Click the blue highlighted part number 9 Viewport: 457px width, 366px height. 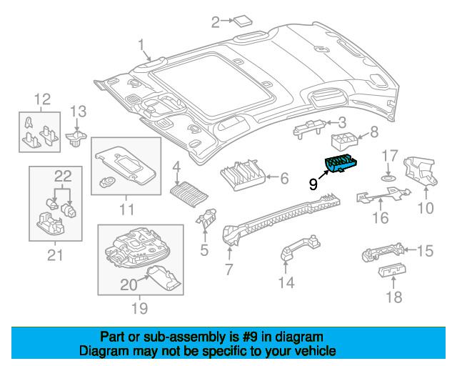pos(341,164)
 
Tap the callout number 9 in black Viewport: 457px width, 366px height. pos(313,184)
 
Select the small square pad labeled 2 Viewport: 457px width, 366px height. pos(243,21)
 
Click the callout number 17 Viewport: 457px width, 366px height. pos(390,156)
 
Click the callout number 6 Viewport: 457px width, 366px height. pos(284,178)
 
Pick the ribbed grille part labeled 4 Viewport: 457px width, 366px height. pos(189,194)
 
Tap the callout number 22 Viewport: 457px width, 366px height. pos(63,176)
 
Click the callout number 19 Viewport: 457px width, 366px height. pos(140,308)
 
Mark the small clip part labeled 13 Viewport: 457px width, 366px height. pos(76,139)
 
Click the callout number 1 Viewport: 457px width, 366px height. pos(141,46)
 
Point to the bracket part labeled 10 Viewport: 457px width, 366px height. pos(420,172)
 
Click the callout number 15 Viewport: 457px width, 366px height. pos(426,251)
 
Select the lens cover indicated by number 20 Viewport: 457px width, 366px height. pos(164,278)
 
